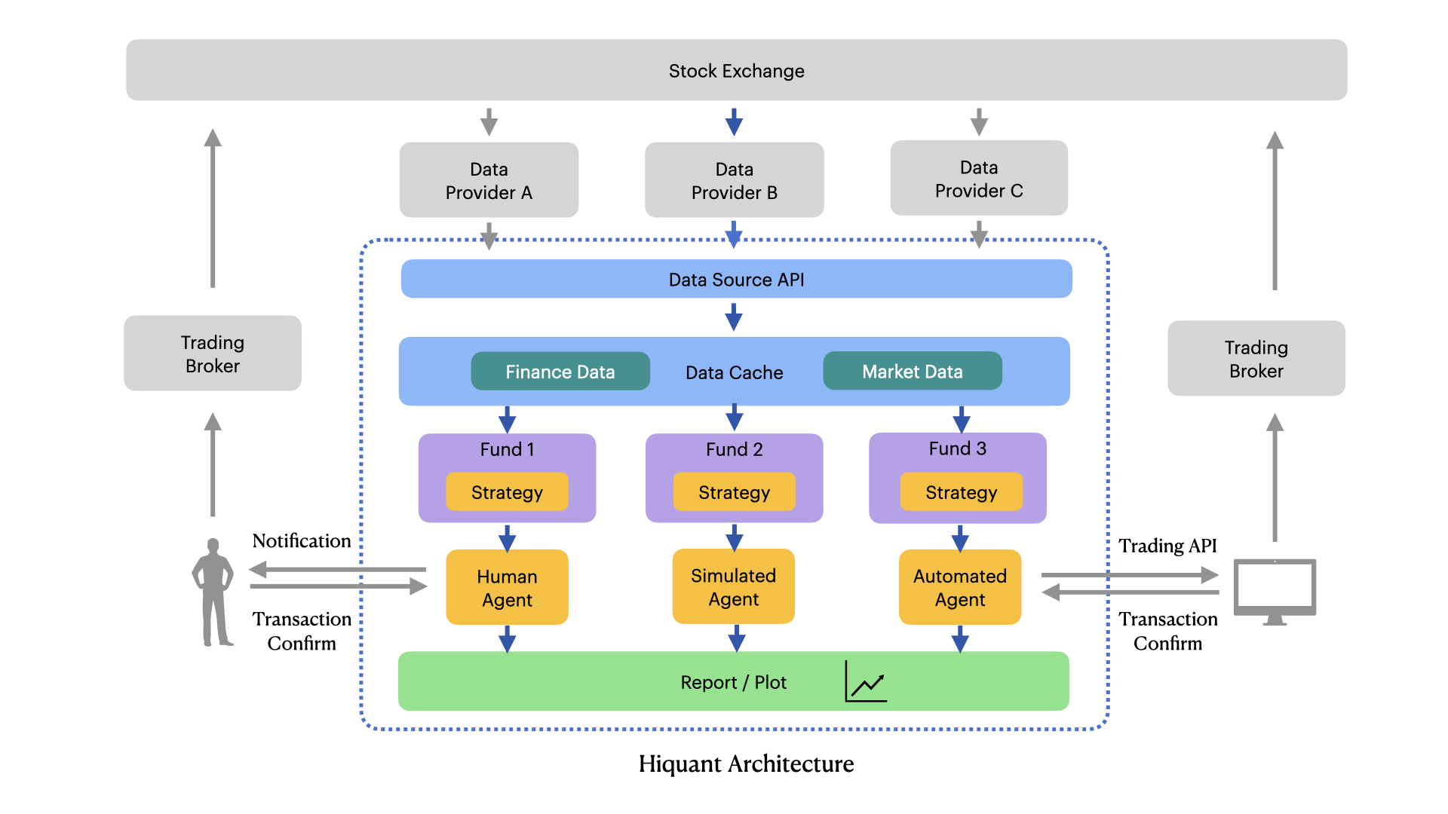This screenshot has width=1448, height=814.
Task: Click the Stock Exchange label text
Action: pos(736,71)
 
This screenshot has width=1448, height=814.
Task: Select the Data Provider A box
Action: pos(489,180)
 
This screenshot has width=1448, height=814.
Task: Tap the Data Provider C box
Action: pos(978,179)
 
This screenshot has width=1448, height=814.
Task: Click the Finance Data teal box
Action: pos(560,372)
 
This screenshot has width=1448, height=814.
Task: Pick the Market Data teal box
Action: pos(912,371)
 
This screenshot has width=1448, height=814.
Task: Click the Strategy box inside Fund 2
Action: pos(734,492)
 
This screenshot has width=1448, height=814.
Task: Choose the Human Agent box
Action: pos(507,587)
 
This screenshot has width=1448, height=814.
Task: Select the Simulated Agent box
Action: pos(733,586)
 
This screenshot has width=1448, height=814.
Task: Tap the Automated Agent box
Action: pos(959,587)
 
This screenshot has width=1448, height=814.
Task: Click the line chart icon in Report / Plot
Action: pos(866,682)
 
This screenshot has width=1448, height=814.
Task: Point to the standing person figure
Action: pos(213,592)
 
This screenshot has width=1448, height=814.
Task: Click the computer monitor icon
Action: pos(1275,591)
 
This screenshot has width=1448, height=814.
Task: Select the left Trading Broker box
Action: pos(213,353)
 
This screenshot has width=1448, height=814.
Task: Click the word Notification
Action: pos(301,540)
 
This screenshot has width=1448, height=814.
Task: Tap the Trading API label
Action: pos(1167,545)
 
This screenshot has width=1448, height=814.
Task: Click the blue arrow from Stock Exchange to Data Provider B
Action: pos(734,121)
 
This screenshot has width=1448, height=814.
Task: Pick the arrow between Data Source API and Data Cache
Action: pos(734,317)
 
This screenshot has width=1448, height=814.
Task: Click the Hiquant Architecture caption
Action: pos(746,764)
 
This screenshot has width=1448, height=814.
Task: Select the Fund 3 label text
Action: pos(957,448)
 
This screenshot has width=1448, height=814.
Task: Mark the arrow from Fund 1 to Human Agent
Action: pos(507,538)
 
